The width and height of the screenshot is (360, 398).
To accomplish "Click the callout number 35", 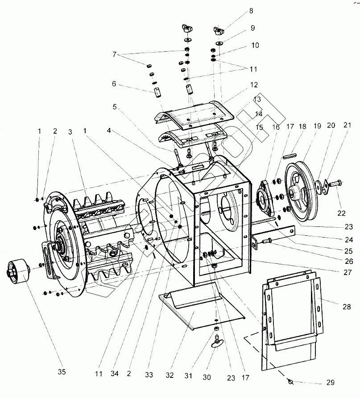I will [62, 372].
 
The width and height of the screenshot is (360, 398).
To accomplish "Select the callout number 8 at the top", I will [251, 10].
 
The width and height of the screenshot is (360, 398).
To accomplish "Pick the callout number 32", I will [170, 375].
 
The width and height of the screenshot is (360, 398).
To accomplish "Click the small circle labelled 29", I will [290, 382].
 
